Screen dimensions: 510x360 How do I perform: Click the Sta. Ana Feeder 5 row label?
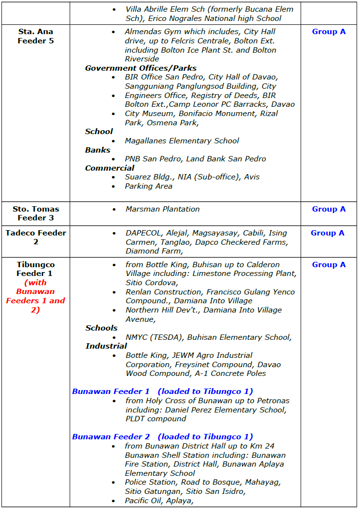coord(36,37)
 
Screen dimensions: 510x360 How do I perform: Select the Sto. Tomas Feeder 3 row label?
coord(36,214)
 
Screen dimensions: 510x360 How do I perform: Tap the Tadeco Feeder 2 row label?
coord(36,237)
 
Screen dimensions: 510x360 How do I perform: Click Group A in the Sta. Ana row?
coord(329,32)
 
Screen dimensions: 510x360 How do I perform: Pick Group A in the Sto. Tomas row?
coord(329,209)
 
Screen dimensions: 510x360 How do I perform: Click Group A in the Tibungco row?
coord(329,265)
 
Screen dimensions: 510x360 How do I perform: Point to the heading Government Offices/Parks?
coord(140,68)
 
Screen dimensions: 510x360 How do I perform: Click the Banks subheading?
coord(98,150)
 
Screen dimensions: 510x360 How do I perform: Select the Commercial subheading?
coord(110,168)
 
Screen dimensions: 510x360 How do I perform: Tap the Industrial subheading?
coord(106,346)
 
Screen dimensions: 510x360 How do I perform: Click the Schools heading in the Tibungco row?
coord(101,328)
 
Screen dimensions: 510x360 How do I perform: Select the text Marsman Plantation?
coord(162,209)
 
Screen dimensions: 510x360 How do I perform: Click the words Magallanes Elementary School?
coord(181,141)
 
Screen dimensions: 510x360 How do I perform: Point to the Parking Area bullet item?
coord(148,186)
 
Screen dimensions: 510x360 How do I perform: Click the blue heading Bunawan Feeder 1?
coord(111,392)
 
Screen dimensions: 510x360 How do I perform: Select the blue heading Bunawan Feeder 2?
coord(111,437)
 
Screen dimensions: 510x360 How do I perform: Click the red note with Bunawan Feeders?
coord(36,296)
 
